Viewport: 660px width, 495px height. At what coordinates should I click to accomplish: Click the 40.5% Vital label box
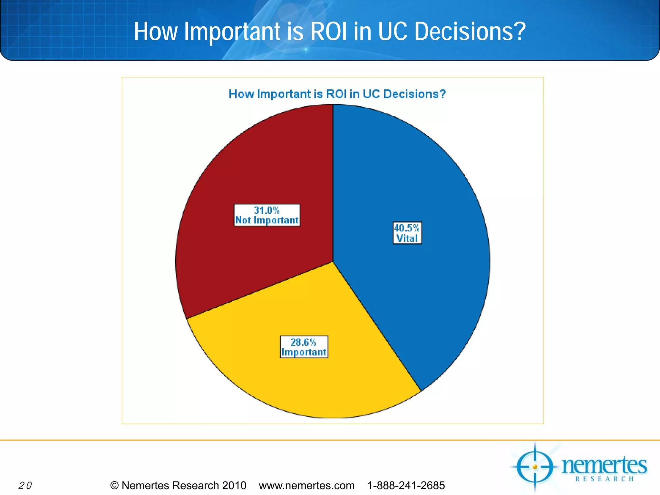(x=407, y=233)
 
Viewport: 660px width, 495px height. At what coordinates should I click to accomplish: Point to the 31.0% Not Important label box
(x=267, y=215)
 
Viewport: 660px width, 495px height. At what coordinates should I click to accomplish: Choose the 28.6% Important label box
(x=304, y=347)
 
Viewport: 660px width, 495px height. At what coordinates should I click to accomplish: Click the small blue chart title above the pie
(x=337, y=94)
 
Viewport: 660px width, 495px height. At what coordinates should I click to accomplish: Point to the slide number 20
(x=25, y=485)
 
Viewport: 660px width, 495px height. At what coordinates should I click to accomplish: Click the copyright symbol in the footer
(x=114, y=485)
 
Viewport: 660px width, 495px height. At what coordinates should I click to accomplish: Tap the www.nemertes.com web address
(x=306, y=485)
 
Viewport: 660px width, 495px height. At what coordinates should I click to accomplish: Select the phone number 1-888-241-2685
(x=406, y=485)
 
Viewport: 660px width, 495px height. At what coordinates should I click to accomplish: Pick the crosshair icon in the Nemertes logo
(x=535, y=467)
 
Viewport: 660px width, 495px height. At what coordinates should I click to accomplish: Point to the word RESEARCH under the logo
(x=605, y=479)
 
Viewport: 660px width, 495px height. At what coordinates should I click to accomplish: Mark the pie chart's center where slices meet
(x=333, y=262)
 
